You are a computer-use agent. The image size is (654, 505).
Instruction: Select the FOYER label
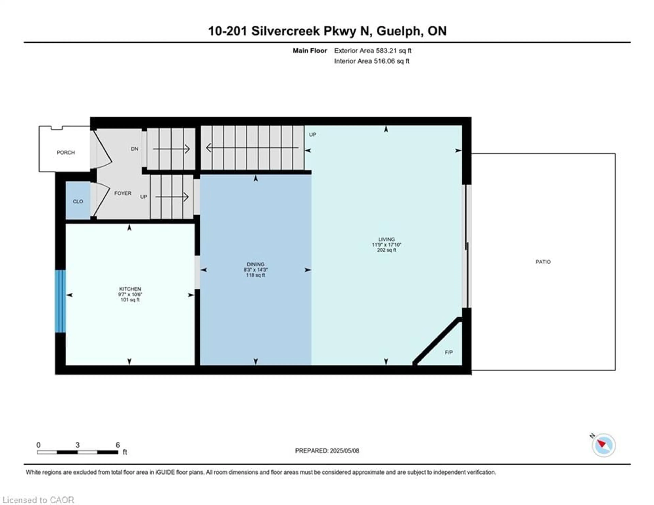tap(123, 193)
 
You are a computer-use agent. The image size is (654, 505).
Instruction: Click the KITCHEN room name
tap(130, 289)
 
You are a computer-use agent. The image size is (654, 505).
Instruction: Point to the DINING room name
tap(255, 264)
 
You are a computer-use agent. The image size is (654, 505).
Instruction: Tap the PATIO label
tap(543, 262)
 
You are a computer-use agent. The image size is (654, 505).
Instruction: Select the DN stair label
tap(134, 149)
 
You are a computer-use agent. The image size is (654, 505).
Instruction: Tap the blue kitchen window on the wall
tap(60, 301)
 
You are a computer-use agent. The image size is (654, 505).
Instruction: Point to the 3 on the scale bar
tap(77, 445)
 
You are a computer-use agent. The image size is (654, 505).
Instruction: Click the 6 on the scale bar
tap(118, 445)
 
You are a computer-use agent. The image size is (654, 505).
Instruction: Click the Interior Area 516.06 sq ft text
tap(372, 61)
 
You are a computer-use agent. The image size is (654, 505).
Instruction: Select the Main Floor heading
tap(310, 51)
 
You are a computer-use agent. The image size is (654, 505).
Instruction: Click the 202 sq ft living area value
tap(386, 250)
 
